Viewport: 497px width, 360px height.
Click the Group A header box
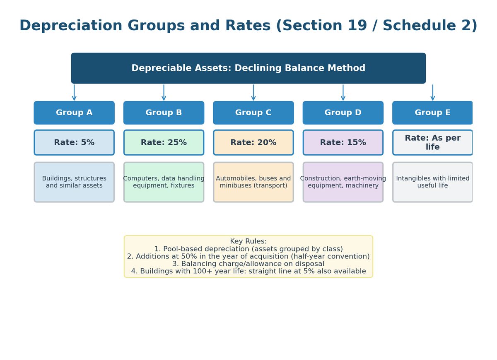point(74,113)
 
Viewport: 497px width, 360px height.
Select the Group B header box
point(164,113)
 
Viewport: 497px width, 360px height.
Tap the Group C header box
point(253,113)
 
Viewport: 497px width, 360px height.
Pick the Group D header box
point(343,113)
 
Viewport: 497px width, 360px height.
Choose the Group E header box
point(432,113)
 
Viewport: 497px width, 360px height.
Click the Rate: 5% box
point(74,142)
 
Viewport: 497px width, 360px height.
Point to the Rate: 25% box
point(164,142)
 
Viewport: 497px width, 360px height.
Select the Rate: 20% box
point(253,142)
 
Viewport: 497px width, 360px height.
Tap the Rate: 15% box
point(343,142)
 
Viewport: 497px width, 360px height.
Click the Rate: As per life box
point(432,142)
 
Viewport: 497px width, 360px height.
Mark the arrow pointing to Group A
point(74,92)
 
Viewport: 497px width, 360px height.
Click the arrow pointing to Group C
point(253,92)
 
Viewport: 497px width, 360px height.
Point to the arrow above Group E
point(433,92)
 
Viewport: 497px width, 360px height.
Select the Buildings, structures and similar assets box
point(74,182)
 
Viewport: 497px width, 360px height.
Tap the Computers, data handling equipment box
point(164,182)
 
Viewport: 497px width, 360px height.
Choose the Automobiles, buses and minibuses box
point(253,182)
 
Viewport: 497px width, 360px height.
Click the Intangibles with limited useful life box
point(432,182)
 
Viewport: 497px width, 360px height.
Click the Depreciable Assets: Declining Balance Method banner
point(248,68)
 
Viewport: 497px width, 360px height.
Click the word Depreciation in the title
point(71,26)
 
